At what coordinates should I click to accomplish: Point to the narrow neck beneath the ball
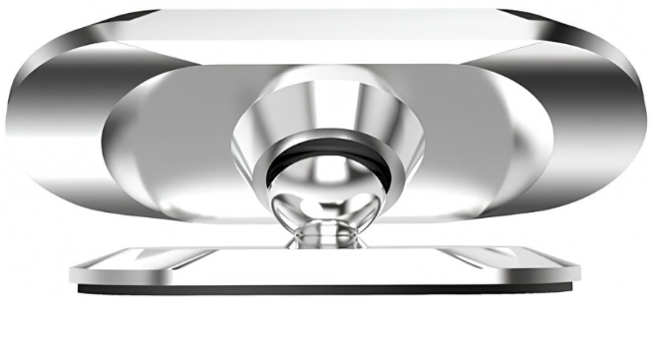coord(328,232)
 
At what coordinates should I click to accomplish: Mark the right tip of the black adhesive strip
coord(576,289)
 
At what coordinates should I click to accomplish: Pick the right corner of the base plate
coord(582,272)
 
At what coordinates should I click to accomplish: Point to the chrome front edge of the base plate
coord(328,273)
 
